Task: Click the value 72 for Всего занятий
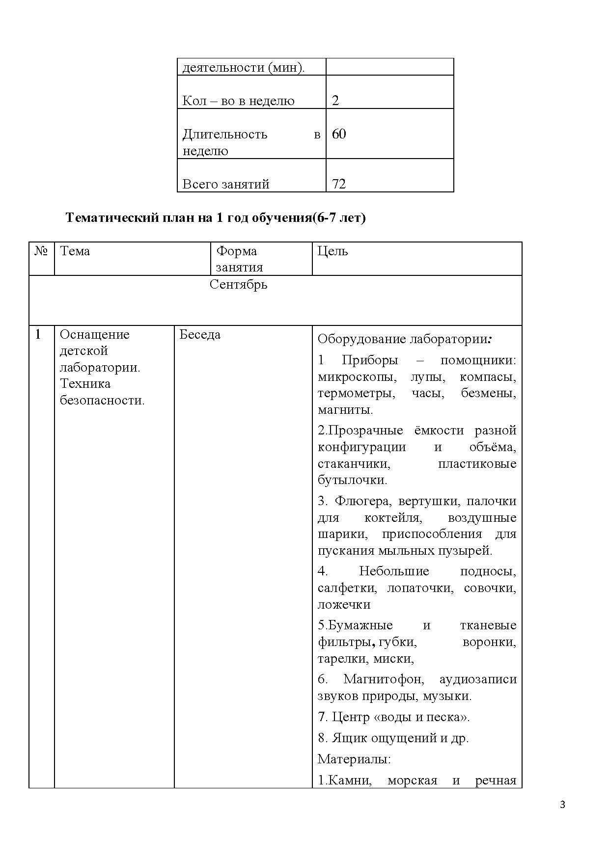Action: tap(339, 184)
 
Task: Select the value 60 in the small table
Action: tap(339, 134)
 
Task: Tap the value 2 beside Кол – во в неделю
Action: tap(335, 101)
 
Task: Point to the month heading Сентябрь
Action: tap(238, 284)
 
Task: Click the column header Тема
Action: tap(75, 251)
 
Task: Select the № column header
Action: tap(41, 251)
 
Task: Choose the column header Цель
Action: tap(332, 251)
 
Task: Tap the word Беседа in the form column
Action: tap(200, 335)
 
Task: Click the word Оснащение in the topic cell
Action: tap(95, 335)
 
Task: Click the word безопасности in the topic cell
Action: tap(102, 401)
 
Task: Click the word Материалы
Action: tap(354, 759)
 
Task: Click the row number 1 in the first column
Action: tap(38, 335)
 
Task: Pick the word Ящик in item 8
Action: tap(348, 738)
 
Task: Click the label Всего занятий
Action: tap(226, 184)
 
